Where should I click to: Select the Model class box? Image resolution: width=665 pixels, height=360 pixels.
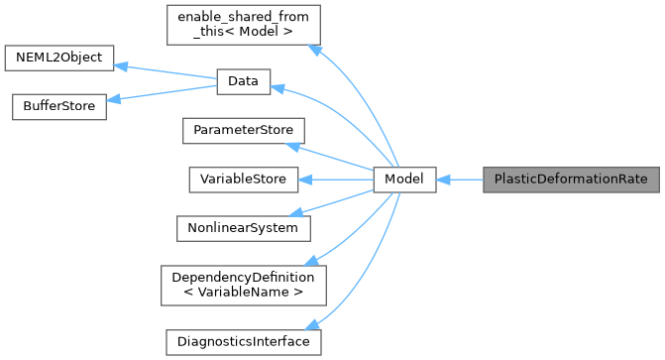(404, 180)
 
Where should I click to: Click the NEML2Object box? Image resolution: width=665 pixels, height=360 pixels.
(59, 58)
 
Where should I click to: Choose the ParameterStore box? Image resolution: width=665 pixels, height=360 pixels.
(242, 131)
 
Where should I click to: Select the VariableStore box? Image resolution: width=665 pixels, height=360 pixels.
(242, 180)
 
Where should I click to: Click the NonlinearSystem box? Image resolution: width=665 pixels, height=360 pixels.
(242, 227)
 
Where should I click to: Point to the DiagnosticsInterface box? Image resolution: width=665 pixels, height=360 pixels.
(242, 341)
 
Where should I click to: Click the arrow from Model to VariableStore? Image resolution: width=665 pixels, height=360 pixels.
(336, 180)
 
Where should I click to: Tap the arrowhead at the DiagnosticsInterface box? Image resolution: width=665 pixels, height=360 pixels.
(312, 325)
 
